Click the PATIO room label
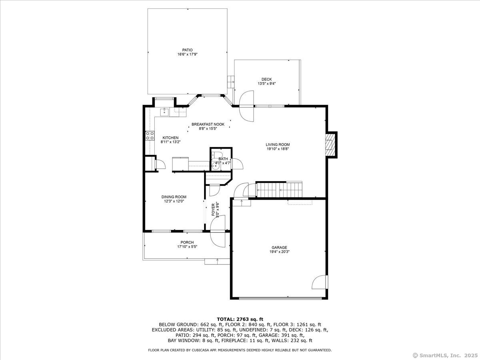188,50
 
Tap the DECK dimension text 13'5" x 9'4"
266,84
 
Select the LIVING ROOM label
278,144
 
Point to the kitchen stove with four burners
150,136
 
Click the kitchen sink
164,112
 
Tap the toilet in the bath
217,154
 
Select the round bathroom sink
215,166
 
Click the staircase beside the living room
279,190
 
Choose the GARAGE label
279,248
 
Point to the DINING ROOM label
174,197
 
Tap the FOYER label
213,210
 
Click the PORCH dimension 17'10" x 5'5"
187,246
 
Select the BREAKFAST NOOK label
208,124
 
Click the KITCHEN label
170,138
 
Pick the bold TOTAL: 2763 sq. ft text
240,319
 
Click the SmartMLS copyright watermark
445,355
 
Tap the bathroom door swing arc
237,163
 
